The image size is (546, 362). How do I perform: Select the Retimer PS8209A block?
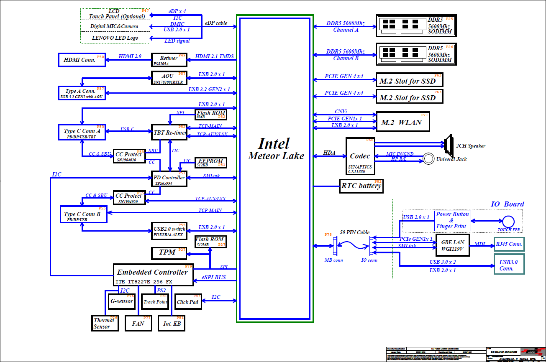click(169, 60)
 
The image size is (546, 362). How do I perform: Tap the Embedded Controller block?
click(153, 275)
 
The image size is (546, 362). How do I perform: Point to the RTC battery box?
click(361, 186)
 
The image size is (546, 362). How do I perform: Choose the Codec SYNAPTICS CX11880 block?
click(360, 156)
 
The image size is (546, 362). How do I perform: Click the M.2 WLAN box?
click(402, 122)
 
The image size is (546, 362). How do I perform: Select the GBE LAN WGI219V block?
click(452, 245)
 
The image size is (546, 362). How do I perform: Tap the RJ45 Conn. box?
click(509, 244)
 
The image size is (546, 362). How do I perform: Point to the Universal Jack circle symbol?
click(428, 159)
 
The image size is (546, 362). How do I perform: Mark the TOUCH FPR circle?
click(509, 222)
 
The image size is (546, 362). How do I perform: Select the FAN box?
click(138, 323)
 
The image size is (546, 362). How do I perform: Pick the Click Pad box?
click(188, 302)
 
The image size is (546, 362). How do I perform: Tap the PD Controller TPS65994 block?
click(169, 178)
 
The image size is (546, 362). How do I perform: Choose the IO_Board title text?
click(507, 204)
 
